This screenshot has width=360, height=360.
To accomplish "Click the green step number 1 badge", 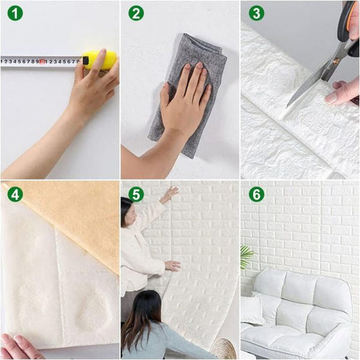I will pos(15,14).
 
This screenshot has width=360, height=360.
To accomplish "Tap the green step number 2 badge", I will pos(136,14).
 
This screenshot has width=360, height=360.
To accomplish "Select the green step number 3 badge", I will pos(256,14).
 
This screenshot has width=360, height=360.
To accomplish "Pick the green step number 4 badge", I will pos(15,195).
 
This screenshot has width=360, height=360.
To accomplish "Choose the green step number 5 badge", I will pos(136,195).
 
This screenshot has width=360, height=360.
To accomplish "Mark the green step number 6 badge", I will pos(256,195).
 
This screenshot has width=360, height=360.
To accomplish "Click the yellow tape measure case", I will pos(100,59).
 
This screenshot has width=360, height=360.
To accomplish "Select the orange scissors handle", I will pos(349,20).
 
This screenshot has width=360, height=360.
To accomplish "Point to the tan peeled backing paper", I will pos(74,216).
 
